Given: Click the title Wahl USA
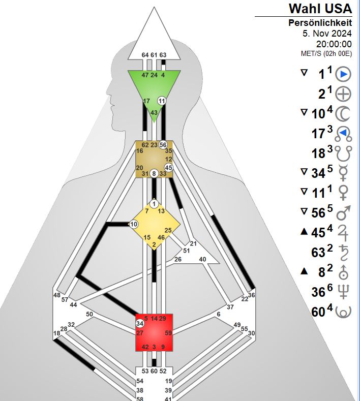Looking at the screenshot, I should click(x=320, y=8).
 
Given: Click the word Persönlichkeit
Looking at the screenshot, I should click(x=320, y=23).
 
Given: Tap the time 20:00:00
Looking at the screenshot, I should click(x=334, y=44).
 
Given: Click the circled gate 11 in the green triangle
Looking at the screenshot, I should click(x=162, y=101).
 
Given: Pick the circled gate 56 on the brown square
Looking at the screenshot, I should click(x=163, y=144).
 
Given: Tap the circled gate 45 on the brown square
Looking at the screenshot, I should click(x=169, y=168).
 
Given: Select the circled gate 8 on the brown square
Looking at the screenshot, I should click(x=154, y=173).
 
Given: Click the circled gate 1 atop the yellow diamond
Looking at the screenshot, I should click(x=154, y=204).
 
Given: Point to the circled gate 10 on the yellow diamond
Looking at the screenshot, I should click(x=134, y=224).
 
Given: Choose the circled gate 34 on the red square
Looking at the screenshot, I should click(x=140, y=323).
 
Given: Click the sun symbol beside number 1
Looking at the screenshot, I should click(x=344, y=74).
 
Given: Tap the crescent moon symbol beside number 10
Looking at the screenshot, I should click(x=344, y=113).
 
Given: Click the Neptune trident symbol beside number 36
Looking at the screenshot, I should click(x=344, y=291).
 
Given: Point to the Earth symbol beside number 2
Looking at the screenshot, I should click(x=344, y=94).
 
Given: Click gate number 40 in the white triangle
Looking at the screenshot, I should click(x=202, y=260).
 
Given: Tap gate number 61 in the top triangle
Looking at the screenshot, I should click(x=154, y=55).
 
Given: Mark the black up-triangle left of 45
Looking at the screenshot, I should click(x=304, y=232).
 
